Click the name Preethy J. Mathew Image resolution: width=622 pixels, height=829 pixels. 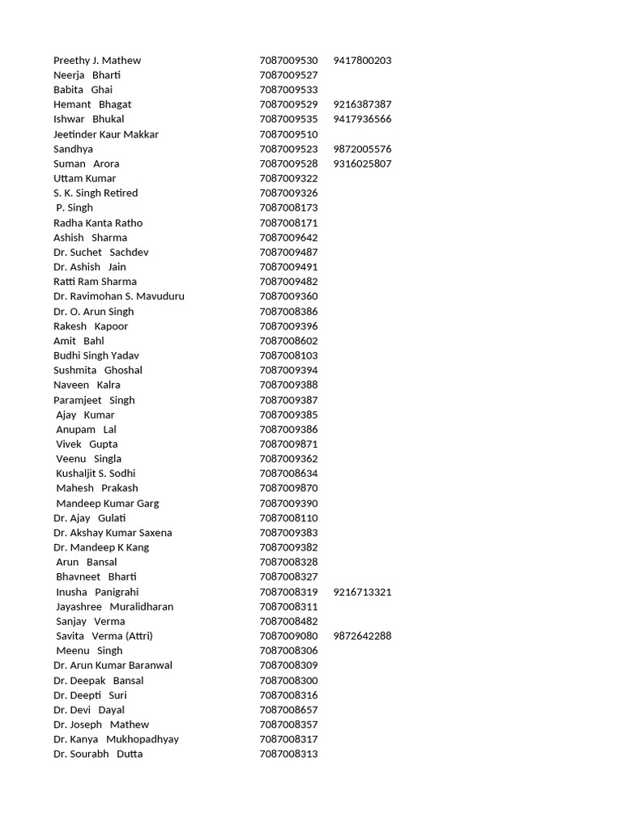point(97,61)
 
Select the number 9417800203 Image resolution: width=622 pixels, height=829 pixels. point(362,61)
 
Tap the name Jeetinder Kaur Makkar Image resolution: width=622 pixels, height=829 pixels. point(106,134)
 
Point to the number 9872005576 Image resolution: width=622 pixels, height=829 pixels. point(362,149)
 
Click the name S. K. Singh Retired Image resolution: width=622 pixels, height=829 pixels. point(96,193)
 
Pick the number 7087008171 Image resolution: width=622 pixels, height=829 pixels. point(288,223)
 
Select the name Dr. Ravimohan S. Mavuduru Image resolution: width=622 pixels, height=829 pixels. point(119,296)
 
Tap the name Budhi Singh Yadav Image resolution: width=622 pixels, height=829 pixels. point(96,355)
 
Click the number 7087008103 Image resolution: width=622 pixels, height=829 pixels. point(288,355)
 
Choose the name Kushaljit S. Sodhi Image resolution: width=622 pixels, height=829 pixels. point(96,474)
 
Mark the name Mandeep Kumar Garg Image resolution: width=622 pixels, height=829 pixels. point(107,504)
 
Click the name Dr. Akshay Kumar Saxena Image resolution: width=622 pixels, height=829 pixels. point(113,533)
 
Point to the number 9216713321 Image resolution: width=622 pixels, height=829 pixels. point(362,592)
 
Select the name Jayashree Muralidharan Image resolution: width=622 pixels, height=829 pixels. point(114,606)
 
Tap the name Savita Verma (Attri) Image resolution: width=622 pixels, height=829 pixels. point(104,636)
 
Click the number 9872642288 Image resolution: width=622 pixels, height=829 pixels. point(362,636)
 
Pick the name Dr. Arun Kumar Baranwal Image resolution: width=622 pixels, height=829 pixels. point(113,665)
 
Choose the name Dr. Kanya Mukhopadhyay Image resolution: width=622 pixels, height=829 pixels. point(116,739)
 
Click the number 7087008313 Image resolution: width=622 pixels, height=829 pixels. point(288,755)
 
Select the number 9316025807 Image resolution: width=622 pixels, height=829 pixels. point(362,164)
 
